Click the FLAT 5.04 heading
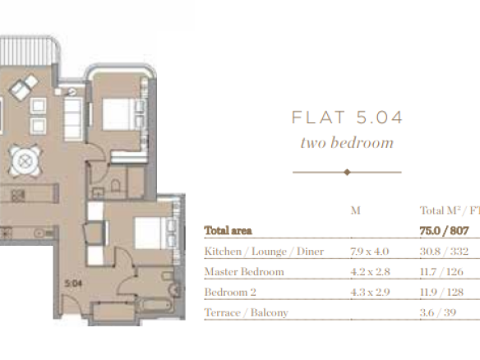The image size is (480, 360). pos(347,118)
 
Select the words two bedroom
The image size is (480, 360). pos(347,143)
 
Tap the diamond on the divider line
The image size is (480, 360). pos(347,172)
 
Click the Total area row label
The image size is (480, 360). pos(228,230)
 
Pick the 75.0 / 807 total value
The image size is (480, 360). pos(444,230)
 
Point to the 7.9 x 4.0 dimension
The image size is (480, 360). pos(370,252)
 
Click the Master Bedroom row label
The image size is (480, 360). pos(244,272)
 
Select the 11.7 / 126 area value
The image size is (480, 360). pos(441,272)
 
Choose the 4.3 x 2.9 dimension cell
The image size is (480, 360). pos(370,292)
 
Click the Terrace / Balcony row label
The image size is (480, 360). pos(246,312)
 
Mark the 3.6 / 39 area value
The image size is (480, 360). pos(438,312)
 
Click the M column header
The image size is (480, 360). pos(355,210)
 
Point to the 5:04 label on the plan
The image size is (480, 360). pos(73,284)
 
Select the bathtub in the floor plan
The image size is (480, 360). pos(155,306)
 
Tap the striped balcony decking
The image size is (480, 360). pos(28,50)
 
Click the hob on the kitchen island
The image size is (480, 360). pos(18,196)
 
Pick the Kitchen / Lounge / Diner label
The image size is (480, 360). pos(264,252)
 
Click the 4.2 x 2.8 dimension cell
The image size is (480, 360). pos(371,272)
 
